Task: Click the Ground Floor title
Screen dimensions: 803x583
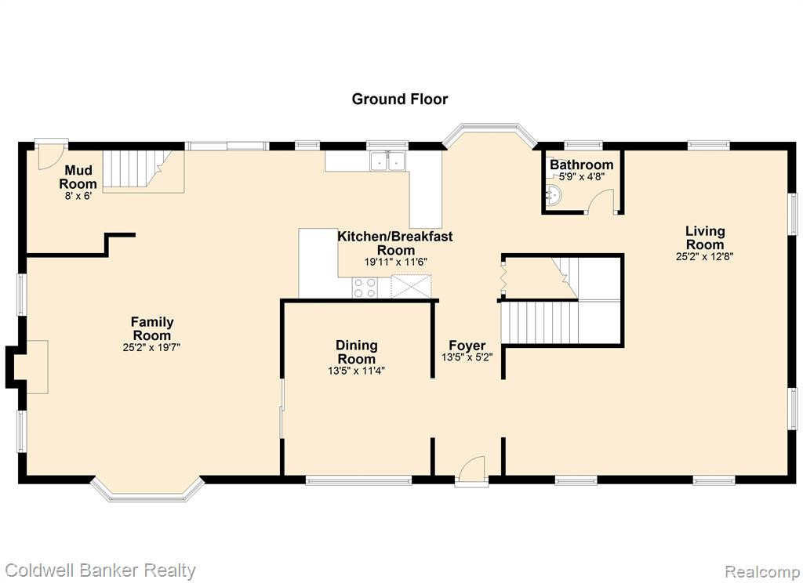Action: coord(399,99)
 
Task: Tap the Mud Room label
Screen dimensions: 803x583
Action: coord(78,177)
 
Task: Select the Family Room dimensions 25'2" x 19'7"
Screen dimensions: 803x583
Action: coord(151,348)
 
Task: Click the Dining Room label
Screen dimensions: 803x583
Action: coord(357,352)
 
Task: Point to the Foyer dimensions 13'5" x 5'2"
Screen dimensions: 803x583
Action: coord(467,357)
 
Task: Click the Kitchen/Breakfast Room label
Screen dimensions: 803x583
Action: coord(395,243)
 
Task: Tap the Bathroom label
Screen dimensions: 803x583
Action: coord(581,165)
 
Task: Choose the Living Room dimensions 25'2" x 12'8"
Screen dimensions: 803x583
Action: coord(705,256)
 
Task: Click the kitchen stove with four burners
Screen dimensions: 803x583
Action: coord(365,287)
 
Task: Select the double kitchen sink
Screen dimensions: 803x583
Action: coord(388,160)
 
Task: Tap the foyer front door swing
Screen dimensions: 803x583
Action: coord(471,468)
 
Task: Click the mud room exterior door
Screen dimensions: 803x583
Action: coord(51,155)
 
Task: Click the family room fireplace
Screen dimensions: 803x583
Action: coord(28,367)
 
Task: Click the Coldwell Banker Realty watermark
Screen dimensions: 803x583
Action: coord(100,570)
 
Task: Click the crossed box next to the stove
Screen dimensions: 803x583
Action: coord(411,287)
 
